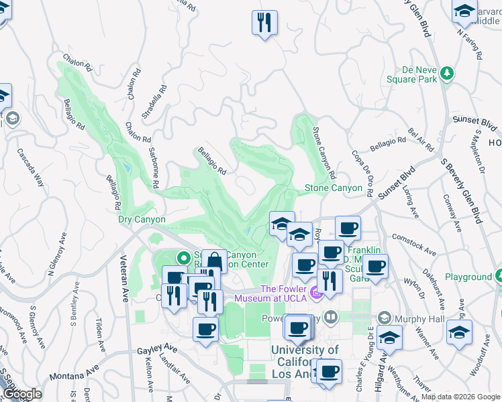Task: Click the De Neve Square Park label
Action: (411, 74)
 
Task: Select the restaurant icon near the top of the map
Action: (264, 22)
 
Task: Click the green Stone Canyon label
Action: (334, 188)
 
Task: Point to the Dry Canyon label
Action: (142, 219)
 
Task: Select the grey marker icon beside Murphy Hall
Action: (385, 317)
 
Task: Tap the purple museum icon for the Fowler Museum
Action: (315, 293)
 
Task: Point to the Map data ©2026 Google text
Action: (460, 397)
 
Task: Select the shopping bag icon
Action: (213, 261)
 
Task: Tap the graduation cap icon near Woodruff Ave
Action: (459, 332)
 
